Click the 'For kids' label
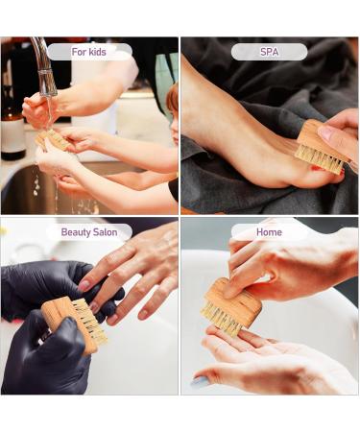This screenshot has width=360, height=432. pos(89,52)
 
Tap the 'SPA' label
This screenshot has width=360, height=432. pos(269,52)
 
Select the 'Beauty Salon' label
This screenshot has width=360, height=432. pos(89,232)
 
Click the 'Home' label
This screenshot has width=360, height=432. pos(269,232)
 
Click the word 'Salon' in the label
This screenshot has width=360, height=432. pos(104,232)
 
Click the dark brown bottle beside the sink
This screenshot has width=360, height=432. pos(12,130)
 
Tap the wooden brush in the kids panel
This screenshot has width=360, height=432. pos(54,140)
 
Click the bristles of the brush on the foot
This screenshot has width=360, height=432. pos(318,158)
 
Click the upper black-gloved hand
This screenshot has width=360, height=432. pos(38,288)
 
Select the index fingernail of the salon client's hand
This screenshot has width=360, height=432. pos(84,285)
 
